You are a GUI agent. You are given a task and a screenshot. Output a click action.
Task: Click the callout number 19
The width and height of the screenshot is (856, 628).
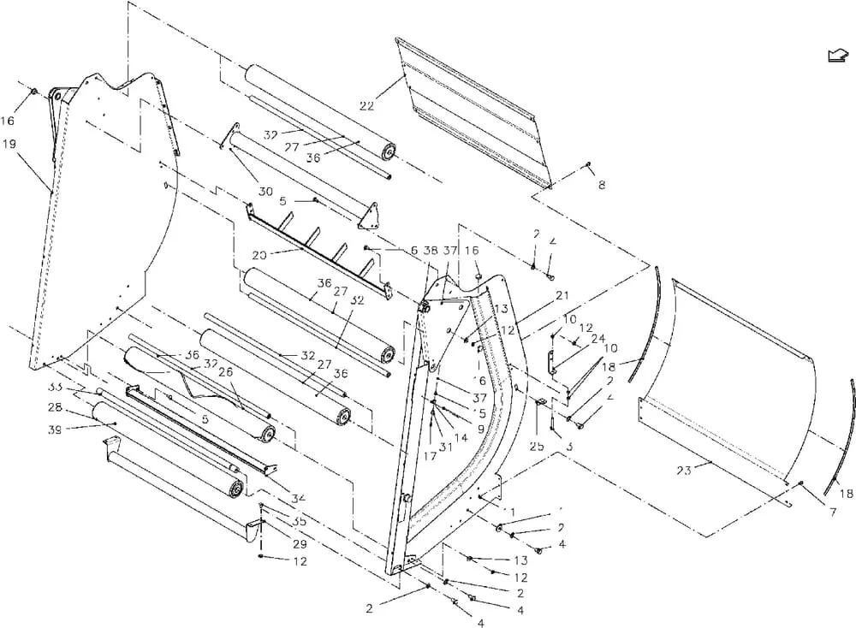10,145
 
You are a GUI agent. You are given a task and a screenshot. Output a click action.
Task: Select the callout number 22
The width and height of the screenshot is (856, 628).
366,105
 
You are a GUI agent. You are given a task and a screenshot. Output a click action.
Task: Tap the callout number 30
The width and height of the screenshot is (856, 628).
265,191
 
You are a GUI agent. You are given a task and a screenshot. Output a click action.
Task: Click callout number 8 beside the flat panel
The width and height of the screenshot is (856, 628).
601,185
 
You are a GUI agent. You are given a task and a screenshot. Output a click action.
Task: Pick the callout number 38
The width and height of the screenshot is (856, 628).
430,251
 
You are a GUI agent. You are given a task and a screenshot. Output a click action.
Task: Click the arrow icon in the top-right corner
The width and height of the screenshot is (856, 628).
836,56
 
